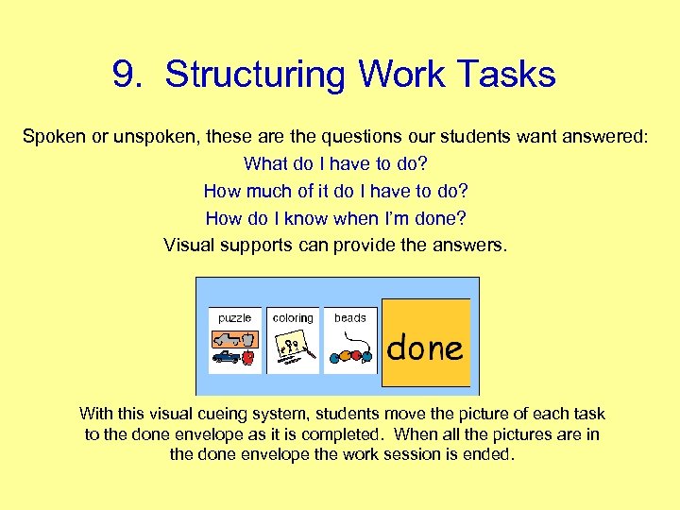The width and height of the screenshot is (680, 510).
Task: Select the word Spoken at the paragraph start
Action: [52, 137]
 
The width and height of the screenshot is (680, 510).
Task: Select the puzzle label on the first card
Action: [234, 318]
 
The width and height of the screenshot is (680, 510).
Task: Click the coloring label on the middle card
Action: [292, 318]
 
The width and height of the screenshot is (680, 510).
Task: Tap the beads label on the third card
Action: [349, 318]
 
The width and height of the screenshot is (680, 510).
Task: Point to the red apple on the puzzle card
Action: [248, 358]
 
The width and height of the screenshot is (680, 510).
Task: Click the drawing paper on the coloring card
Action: [292, 350]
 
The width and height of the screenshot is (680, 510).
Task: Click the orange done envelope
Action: [425, 344]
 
